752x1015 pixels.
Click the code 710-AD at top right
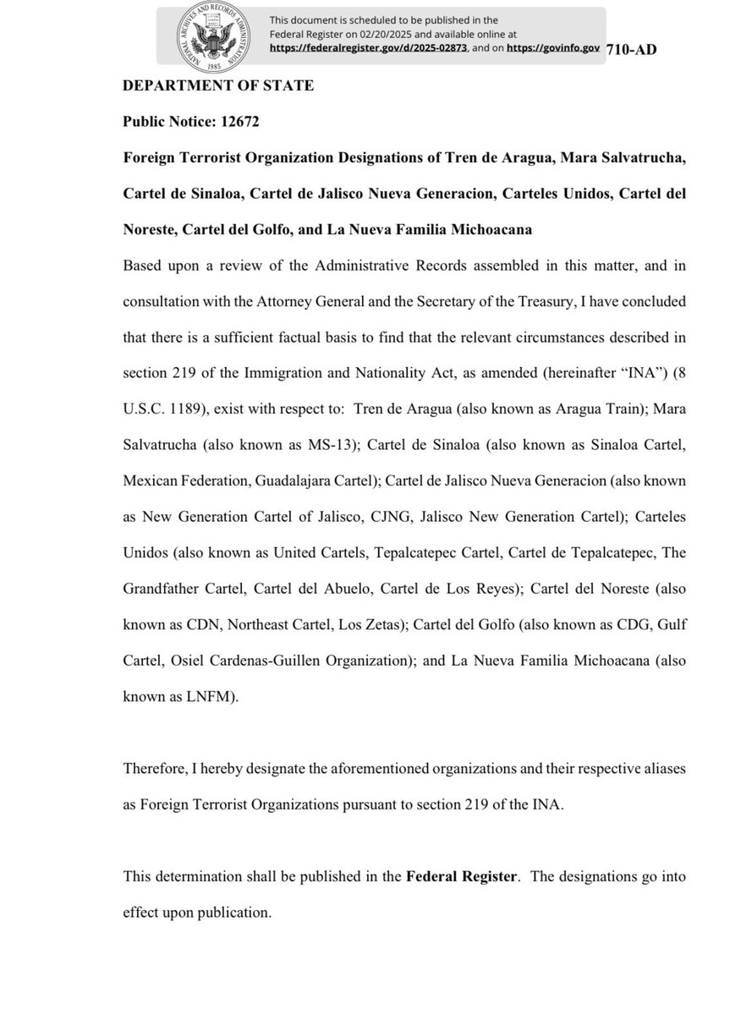coord(631,48)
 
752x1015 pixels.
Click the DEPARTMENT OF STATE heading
coord(218,87)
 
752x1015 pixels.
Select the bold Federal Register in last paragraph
coord(461,877)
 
